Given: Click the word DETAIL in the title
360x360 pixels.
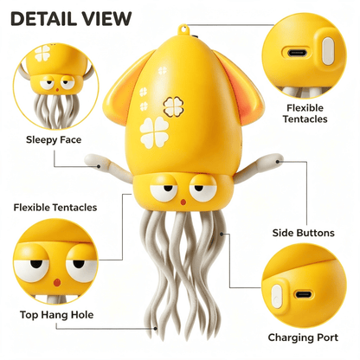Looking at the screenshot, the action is tap(43, 19).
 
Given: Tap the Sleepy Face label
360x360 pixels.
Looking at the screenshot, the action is tap(54, 140).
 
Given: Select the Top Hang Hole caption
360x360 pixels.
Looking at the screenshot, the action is tap(56, 314).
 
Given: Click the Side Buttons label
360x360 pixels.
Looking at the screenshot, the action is tap(304, 233).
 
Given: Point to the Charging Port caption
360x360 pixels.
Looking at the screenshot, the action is tap(303, 337).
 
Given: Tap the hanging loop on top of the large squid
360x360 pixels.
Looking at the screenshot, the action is tap(183, 29).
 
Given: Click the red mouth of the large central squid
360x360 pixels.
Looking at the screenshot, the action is tap(183, 202).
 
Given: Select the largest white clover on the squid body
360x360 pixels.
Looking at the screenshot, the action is tap(154, 132).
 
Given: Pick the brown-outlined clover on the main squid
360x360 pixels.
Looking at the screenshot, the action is tap(173, 106).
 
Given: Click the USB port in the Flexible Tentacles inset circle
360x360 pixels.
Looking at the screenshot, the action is tap(298, 53).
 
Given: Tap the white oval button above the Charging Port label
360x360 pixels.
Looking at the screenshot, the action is tap(276, 296).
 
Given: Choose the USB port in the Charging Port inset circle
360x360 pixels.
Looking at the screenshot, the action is tap(303, 294).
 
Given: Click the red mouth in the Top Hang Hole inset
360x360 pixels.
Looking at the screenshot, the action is tap(57, 282).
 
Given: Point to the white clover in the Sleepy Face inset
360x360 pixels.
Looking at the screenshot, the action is tap(42, 54).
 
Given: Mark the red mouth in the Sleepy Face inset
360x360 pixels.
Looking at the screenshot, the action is tap(57, 90).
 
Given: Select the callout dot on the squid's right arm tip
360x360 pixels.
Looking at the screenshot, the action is tap(278, 162).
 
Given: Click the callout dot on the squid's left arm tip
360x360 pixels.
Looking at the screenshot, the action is tap(99, 166).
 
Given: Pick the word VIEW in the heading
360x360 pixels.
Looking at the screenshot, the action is tap(107, 19).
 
